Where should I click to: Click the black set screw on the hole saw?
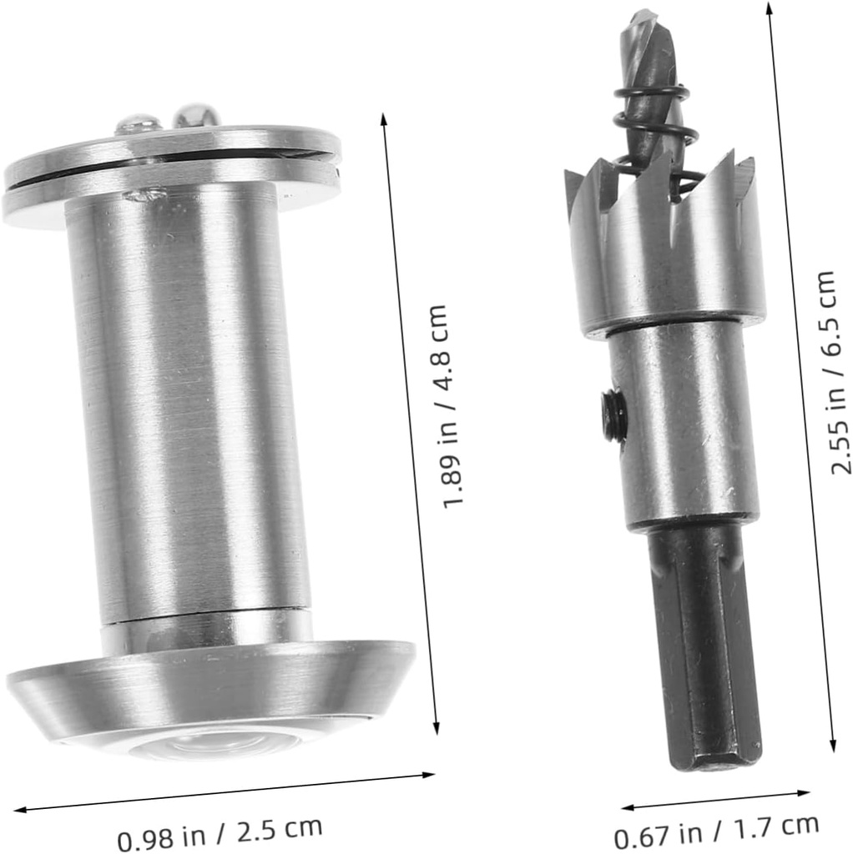[x=613, y=415]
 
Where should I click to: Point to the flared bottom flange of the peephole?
[x=209, y=684]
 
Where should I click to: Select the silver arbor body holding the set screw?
[x=684, y=425]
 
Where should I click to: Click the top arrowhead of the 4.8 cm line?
[x=384, y=118]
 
